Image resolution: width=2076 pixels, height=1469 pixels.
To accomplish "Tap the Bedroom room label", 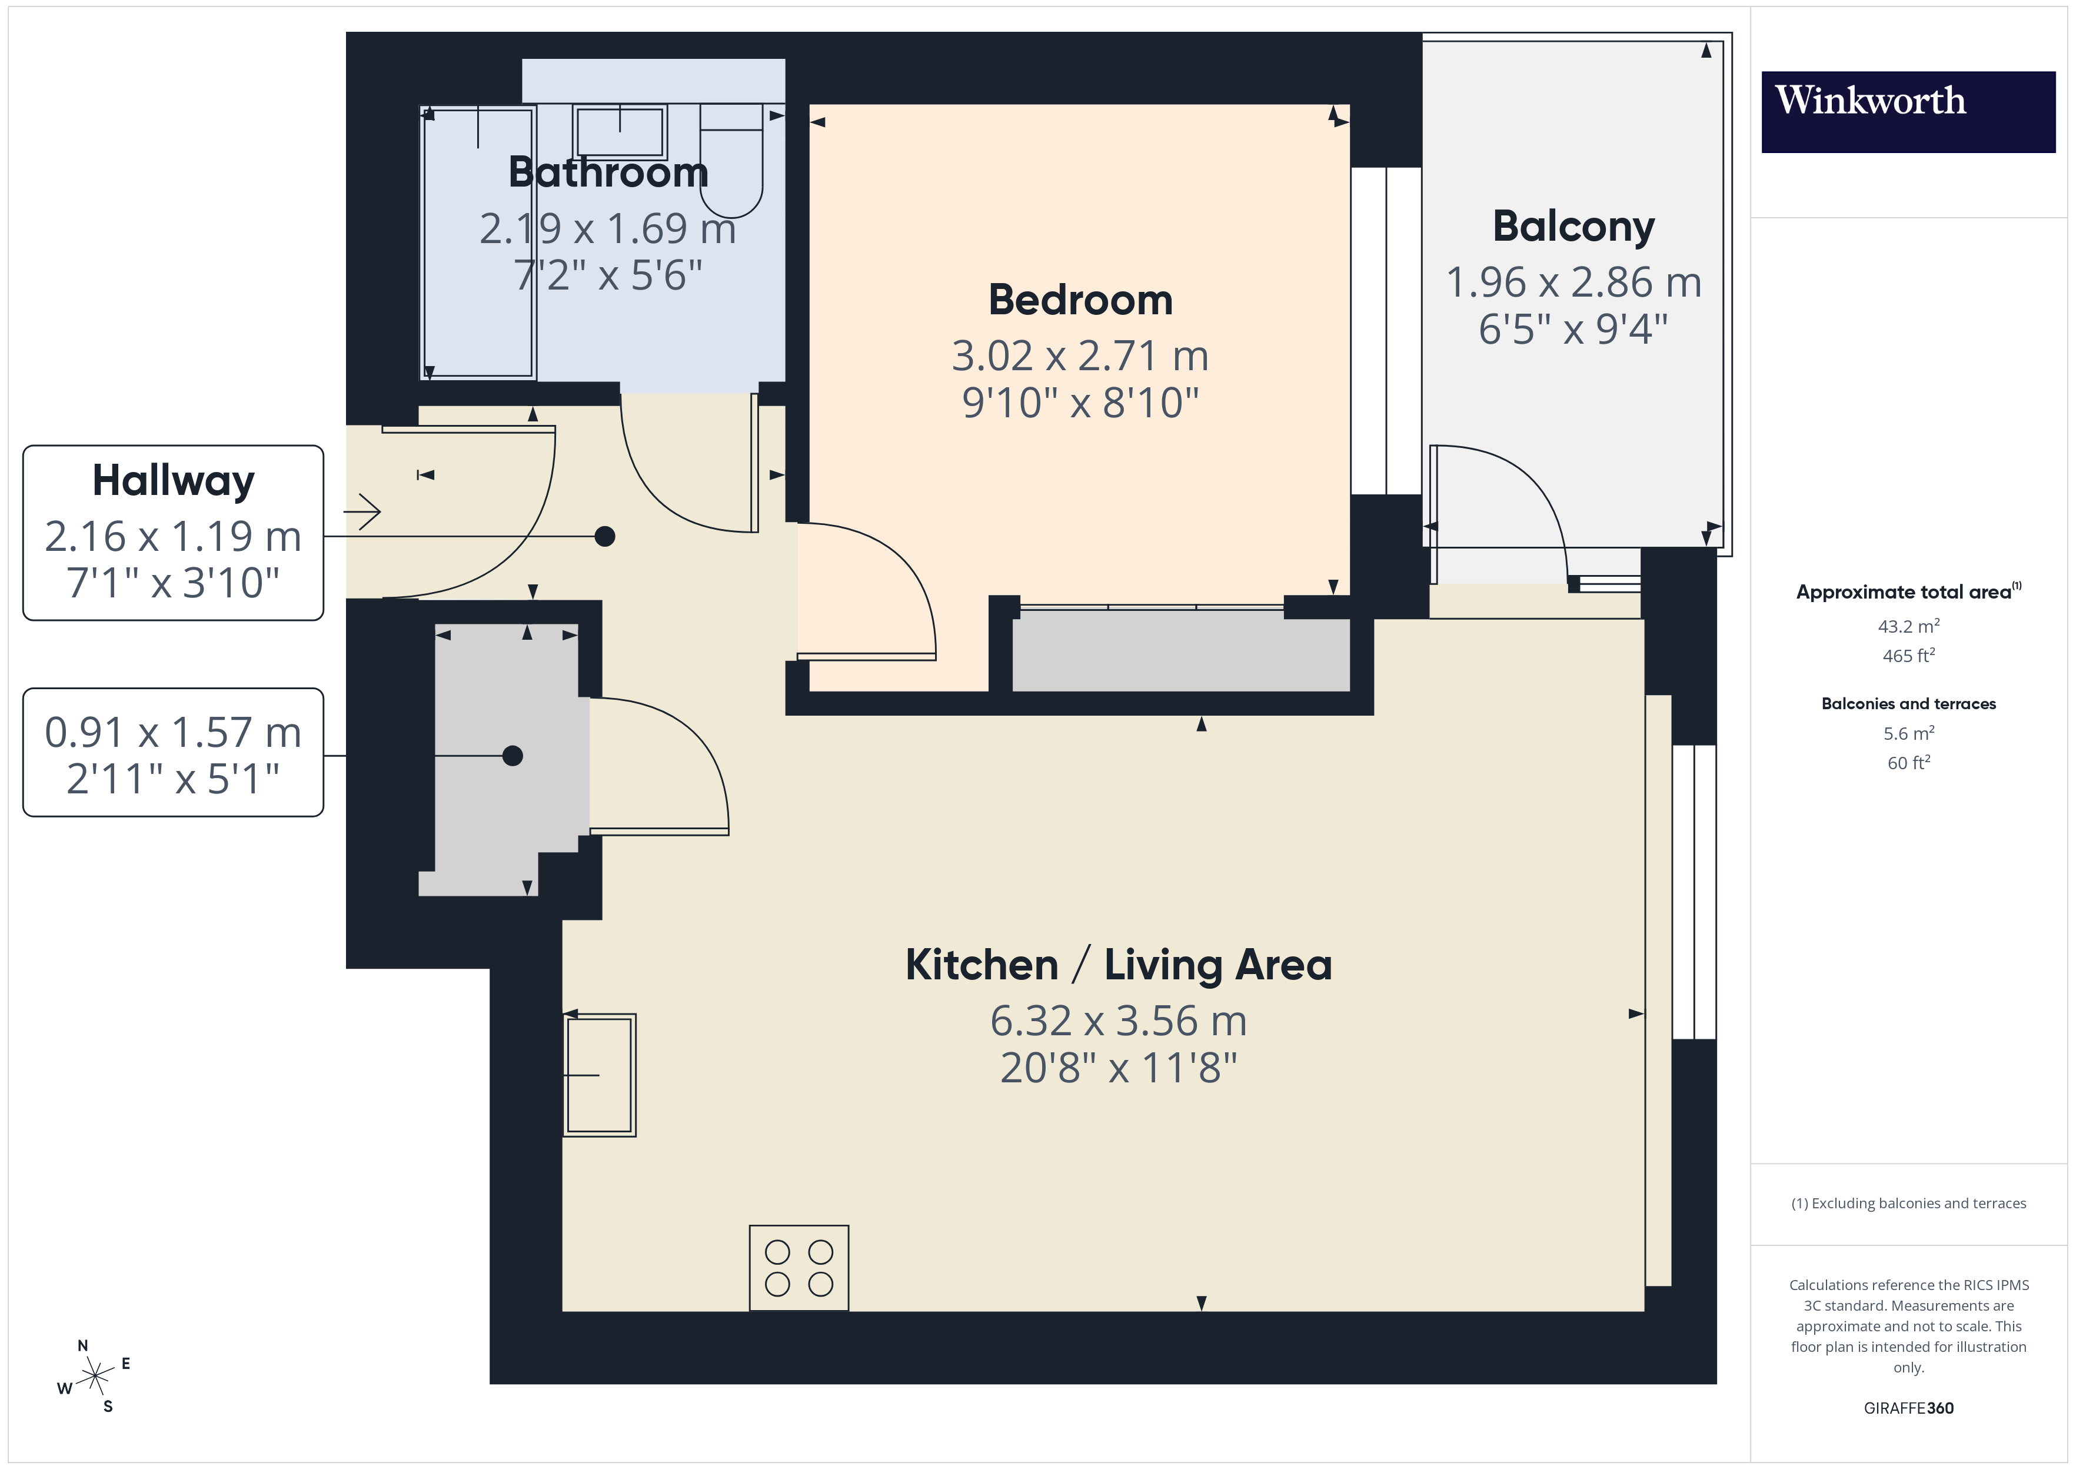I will click(1080, 300).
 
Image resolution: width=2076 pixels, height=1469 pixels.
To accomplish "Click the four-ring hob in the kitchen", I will click(799, 1267).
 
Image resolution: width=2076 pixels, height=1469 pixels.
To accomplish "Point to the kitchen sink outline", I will click(600, 1075).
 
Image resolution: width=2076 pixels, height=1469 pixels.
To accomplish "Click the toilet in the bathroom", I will click(731, 163).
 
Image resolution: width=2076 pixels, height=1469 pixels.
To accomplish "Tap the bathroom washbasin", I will click(620, 132).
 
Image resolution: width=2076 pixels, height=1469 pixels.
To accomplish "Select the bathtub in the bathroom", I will click(478, 242).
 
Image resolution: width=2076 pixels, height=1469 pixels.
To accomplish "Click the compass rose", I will click(94, 1377).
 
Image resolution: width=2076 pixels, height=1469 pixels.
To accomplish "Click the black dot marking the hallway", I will click(605, 536).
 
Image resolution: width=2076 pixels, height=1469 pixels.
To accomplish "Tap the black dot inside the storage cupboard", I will click(513, 755).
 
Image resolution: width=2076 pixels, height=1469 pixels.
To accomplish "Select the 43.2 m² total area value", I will click(1908, 626).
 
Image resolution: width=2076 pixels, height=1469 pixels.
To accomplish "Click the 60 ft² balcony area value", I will click(1908, 763).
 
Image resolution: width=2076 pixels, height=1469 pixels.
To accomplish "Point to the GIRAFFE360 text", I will click(1908, 1407).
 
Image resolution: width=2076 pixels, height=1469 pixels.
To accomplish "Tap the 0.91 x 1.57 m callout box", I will click(172, 753).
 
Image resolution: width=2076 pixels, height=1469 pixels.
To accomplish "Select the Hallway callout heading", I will click(172, 480).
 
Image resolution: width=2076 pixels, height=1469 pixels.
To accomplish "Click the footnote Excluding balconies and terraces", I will click(1908, 1203).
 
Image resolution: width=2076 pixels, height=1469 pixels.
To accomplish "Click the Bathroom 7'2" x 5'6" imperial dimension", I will click(608, 275).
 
